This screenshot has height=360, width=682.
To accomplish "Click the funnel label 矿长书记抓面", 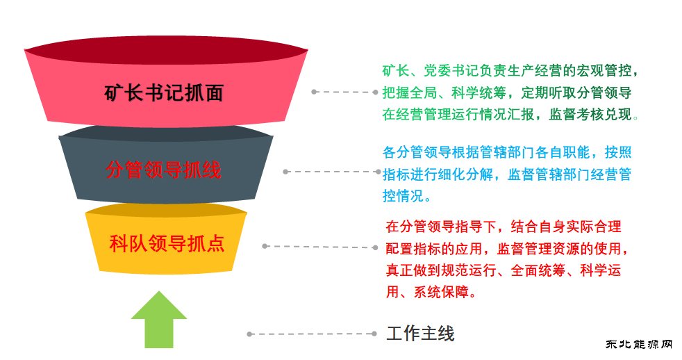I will pos(164,94).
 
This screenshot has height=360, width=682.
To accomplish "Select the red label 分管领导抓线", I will pos(164,170).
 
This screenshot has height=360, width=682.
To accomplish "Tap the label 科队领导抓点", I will pos(167,244).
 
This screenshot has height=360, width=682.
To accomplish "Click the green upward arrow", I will pos(159,321).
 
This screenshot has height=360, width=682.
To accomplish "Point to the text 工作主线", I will pos(420,334).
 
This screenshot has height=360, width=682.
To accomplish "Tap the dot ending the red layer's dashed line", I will pos(315,92).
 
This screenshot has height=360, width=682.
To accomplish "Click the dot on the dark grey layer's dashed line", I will pos(285,171).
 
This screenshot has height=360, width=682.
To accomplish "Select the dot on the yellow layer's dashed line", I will pos(265,246).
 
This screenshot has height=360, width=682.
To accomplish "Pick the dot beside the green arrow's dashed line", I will pos(249,334).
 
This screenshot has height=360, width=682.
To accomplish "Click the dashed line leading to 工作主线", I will pos(313,334).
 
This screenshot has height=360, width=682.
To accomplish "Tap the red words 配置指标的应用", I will pos(431,248).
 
